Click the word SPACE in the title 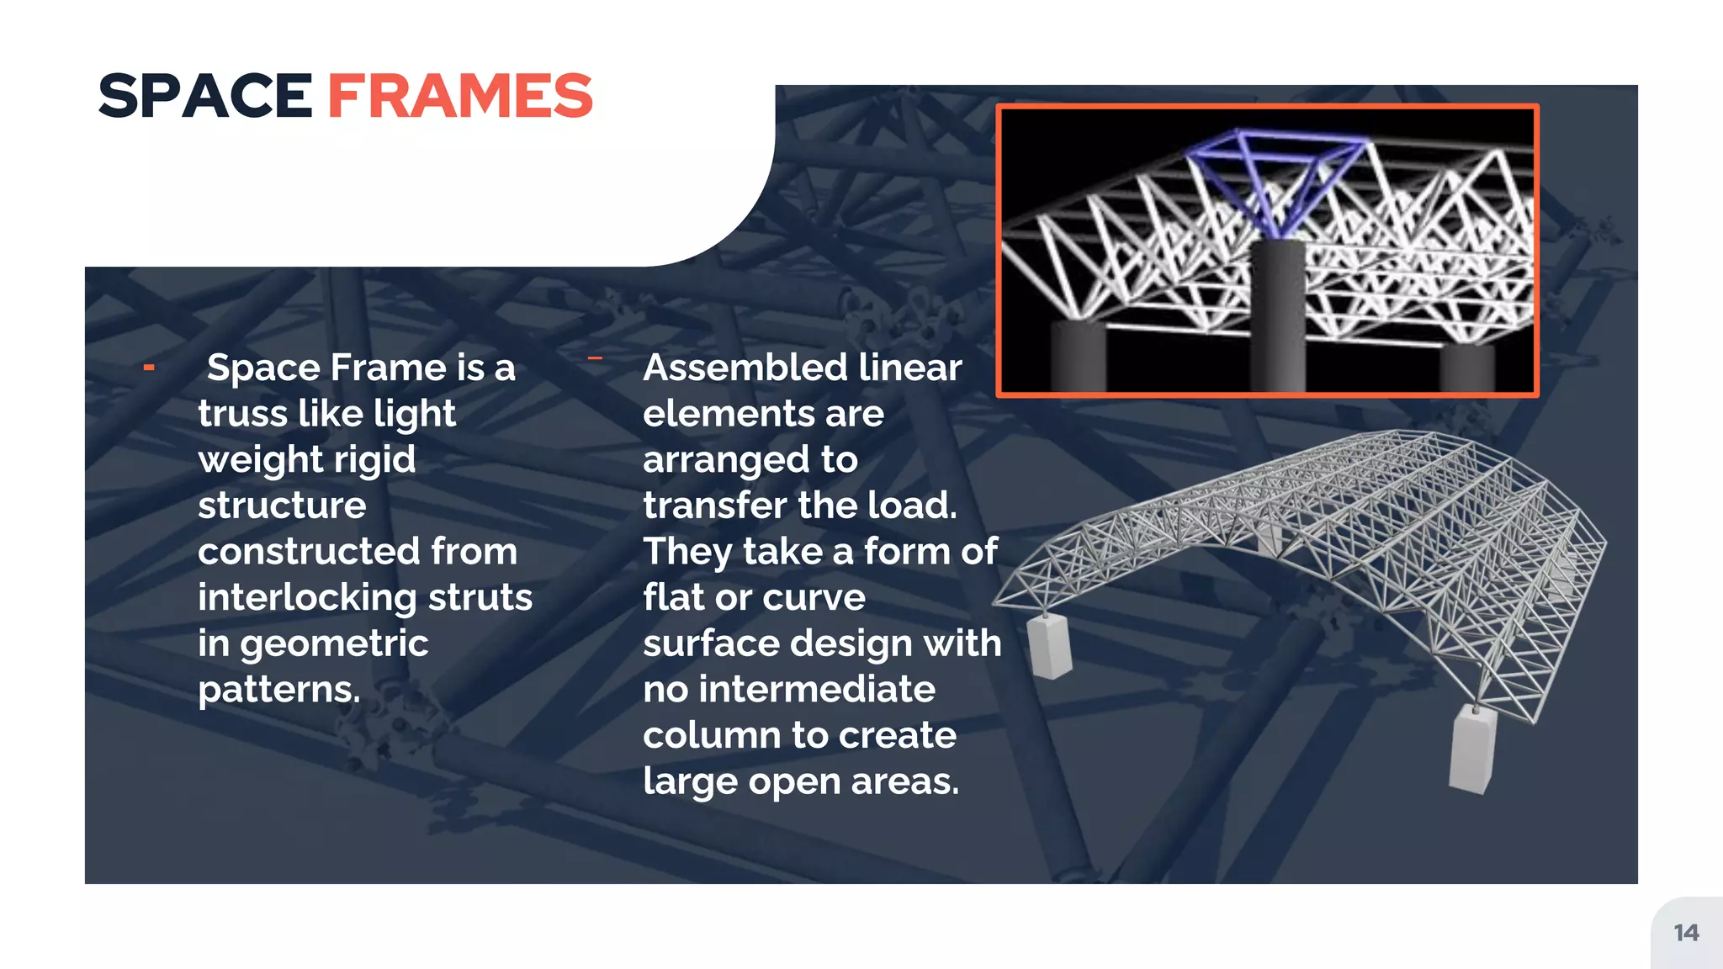click(205, 96)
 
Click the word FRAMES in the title click(460, 96)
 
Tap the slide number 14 click(1686, 933)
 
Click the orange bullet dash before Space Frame click(149, 367)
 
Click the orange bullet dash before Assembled click(595, 358)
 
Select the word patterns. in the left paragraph click(279, 690)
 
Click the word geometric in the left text click(334, 643)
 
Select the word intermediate click(817, 689)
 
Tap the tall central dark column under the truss click(1277, 315)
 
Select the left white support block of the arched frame click(1049, 646)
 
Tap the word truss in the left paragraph click(243, 414)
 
